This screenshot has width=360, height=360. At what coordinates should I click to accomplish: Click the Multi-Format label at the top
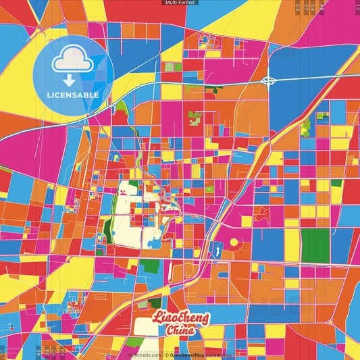point(180,3)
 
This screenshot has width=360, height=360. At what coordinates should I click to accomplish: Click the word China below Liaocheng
point(180,330)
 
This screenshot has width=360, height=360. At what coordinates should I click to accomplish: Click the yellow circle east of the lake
point(234,242)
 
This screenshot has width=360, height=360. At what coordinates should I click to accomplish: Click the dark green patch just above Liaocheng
point(156,303)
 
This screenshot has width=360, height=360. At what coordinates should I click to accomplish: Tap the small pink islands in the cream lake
point(124,197)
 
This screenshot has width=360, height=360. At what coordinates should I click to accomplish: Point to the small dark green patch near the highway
point(215,90)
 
